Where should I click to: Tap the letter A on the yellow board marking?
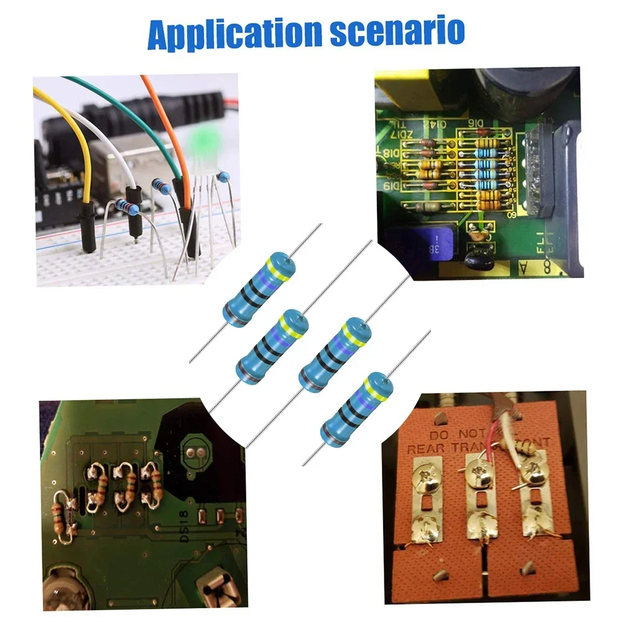point(522,267)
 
